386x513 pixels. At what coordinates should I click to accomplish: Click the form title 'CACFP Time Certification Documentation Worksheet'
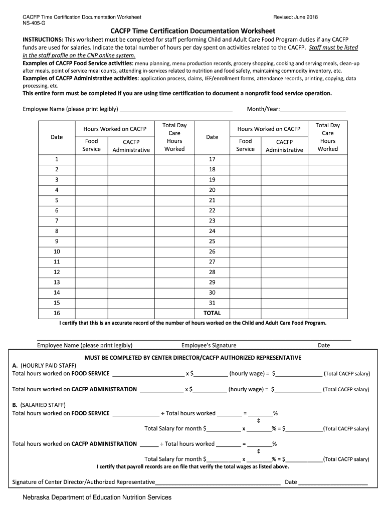click(192, 31)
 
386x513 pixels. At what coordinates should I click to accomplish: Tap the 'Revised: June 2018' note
click(295, 18)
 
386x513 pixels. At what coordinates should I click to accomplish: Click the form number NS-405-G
click(34, 24)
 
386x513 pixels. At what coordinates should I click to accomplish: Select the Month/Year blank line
click(313, 110)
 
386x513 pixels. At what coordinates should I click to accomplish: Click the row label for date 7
click(57, 220)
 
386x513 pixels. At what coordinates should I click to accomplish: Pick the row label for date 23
click(212, 220)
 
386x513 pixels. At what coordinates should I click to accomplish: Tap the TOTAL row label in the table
click(212, 313)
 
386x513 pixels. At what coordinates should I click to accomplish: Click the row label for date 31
click(212, 303)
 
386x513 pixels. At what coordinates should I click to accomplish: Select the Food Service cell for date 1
click(91, 159)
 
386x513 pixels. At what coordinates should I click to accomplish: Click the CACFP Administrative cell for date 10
click(131, 251)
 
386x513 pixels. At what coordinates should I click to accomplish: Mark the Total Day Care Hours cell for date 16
click(174, 313)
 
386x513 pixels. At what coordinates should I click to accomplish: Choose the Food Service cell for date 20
click(245, 190)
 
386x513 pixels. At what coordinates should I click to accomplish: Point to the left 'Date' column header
click(57, 137)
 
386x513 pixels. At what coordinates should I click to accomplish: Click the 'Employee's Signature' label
click(209, 345)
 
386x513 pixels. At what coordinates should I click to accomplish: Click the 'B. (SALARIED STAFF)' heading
click(39, 405)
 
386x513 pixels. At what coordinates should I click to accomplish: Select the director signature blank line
click(218, 483)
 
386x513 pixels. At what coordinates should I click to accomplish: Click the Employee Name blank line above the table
click(176, 110)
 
